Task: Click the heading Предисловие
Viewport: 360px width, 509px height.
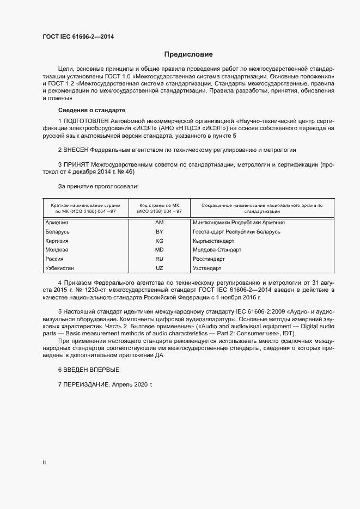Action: [188, 54]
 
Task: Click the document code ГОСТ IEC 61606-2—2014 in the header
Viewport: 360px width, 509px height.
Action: [78, 37]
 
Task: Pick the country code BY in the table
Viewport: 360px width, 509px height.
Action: [159, 232]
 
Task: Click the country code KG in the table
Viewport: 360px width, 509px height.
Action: [159, 241]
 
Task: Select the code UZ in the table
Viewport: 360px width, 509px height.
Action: [159, 268]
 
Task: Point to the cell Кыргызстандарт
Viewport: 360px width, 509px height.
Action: [213, 241]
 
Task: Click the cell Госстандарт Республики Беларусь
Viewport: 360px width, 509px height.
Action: [236, 232]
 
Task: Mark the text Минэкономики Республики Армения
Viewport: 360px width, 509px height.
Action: [239, 223]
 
